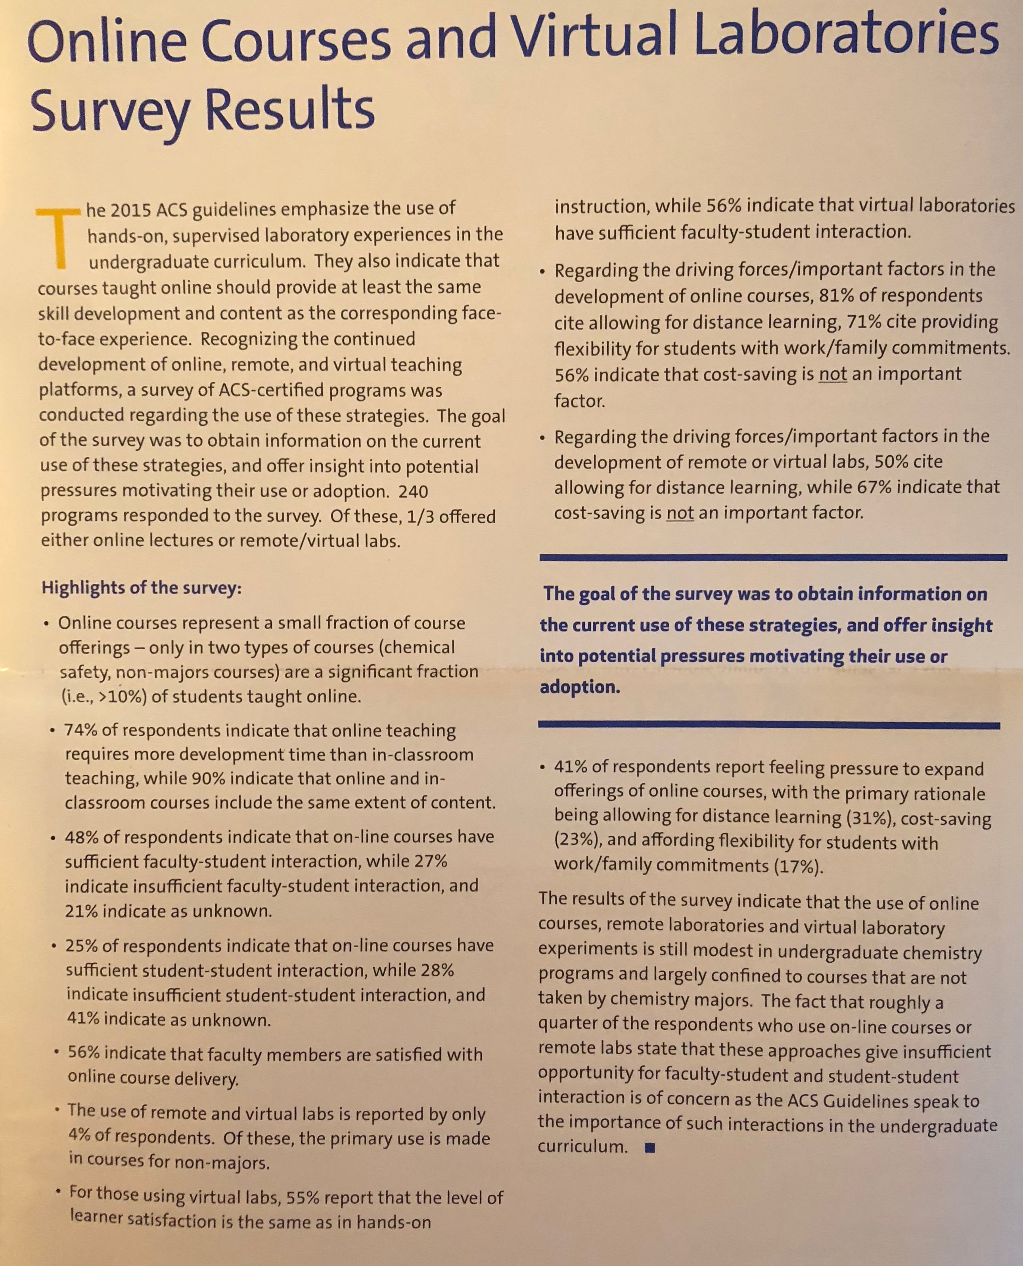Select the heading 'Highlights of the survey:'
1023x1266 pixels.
[142, 588]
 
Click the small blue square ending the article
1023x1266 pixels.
[650, 1147]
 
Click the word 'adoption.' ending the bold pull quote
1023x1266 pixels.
[580, 687]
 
